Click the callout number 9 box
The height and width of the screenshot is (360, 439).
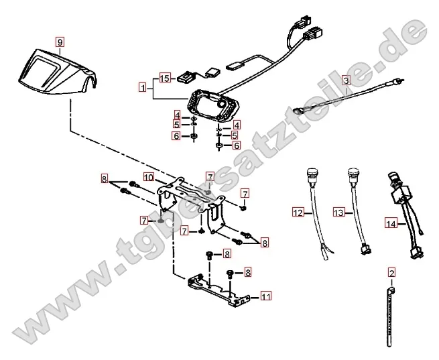(x=60, y=42)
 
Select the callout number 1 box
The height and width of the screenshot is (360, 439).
(x=142, y=87)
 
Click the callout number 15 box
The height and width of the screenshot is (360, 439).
(x=166, y=77)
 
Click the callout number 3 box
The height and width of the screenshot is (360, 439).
(x=346, y=80)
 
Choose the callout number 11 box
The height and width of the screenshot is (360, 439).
(x=266, y=295)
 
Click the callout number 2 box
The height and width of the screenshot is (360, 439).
(x=392, y=273)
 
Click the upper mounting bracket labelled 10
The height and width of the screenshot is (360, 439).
(x=191, y=198)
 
